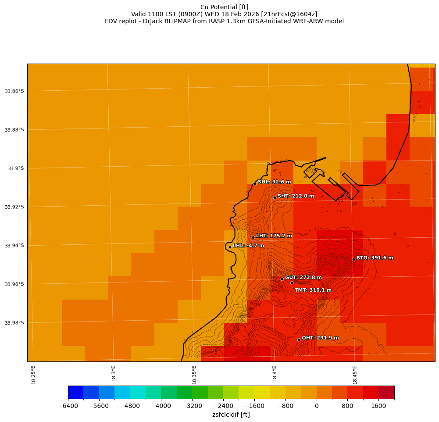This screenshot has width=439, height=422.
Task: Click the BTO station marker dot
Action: [353, 259]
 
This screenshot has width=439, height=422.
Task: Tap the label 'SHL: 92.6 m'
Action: [274, 182]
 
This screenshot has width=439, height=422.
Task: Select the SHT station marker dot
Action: [275, 197]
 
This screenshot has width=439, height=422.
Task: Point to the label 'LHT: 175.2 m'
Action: [274, 236]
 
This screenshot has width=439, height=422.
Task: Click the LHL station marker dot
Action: [230, 247]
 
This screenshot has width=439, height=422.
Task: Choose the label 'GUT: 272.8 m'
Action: [303, 278]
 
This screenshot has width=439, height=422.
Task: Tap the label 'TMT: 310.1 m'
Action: [313, 290]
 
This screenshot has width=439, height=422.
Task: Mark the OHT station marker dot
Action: [299, 340]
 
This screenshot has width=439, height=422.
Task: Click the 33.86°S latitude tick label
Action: [14, 91]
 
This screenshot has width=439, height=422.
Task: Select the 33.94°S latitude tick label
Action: [14, 246]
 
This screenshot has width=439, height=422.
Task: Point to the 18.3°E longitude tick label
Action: [114, 375]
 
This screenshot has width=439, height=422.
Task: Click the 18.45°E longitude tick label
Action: [354, 375]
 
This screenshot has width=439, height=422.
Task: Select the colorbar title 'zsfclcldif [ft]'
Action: [231, 415]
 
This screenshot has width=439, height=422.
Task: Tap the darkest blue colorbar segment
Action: [75, 392]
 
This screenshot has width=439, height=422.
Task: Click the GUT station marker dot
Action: [282, 279]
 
